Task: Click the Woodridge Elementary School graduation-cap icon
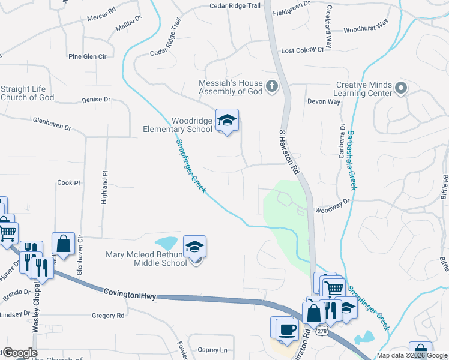pyautogui.click(x=227, y=121)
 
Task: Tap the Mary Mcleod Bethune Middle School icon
pyautogui.click(x=194, y=247)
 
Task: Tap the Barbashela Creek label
pyautogui.click(x=350, y=160)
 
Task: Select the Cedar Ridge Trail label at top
pyautogui.click(x=235, y=6)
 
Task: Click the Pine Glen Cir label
pyautogui.click(x=87, y=56)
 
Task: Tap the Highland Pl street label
pyautogui.click(x=104, y=187)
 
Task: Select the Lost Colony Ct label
pyautogui.click(x=303, y=50)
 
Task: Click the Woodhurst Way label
pyautogui.click(x=367, y=29)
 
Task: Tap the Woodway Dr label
pyautogui.click(x=332, y=207)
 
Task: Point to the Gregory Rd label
pyautogui.click(x=107, y=315)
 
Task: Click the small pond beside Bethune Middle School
pyautogui.click(x=166, y=243)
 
